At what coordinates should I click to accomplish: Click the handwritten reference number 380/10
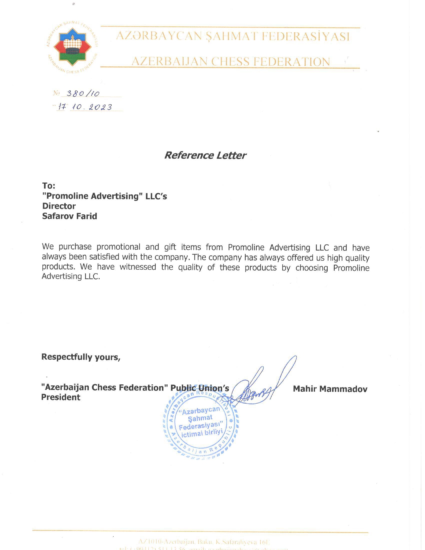point(83,93)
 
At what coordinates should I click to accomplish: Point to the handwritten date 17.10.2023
point(86,107)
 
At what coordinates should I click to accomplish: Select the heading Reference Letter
point(205,155)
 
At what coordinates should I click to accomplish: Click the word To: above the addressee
point(49,186)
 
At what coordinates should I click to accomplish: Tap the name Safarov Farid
point(70,216)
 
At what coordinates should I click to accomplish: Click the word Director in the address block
point(59,206)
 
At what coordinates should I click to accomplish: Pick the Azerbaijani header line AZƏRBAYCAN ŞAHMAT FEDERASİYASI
point(233,36)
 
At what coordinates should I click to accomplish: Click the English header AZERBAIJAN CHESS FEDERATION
point(230,62)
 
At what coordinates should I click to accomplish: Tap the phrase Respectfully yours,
point(81,357)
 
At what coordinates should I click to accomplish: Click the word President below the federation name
point(61,397)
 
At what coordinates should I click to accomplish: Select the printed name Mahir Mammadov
point(330,389)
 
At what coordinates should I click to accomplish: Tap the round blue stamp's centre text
point(200,422)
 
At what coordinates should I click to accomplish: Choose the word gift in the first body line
point(170,247)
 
